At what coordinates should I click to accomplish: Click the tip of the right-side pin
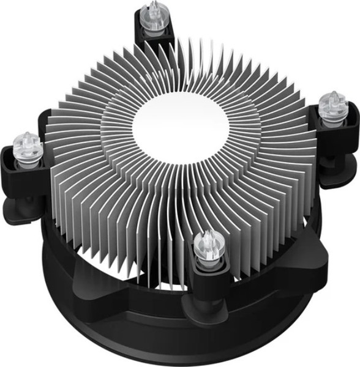click(332, 93)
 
